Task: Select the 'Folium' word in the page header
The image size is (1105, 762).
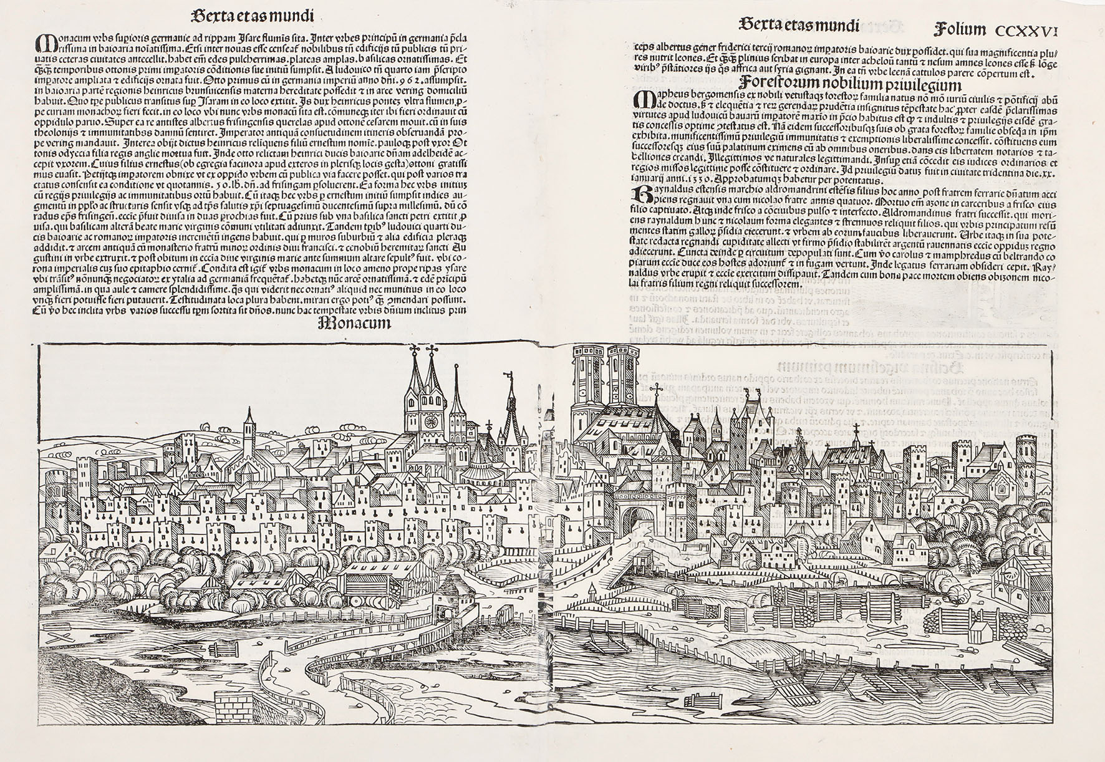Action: (960, 29)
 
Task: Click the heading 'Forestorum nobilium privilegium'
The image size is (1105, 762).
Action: (851, 85)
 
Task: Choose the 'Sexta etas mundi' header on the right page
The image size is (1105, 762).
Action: (798, 25)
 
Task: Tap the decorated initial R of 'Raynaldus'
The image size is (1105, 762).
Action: (640, 194)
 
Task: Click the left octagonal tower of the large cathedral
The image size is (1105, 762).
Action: (587, 387)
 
